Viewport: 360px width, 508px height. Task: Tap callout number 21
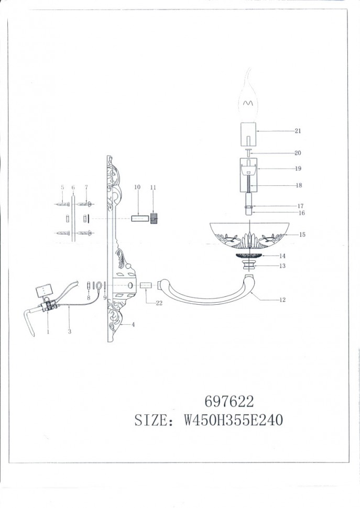[298, 130]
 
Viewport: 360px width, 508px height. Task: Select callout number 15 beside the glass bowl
[302, 235]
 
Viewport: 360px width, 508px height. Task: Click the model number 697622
[228, 402]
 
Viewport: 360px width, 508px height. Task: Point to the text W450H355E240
[233, 421]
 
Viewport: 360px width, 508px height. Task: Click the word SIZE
[151, 421]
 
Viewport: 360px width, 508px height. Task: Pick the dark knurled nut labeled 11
[154, 218]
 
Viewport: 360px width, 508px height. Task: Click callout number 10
[137, 187]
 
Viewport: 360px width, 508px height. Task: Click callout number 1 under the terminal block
[48, 332]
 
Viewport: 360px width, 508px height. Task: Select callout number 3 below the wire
[70, 332]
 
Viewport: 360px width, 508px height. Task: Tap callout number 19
[298, 169]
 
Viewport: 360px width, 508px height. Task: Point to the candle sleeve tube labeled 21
[249, 134]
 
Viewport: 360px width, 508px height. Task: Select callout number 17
[301, 206]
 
